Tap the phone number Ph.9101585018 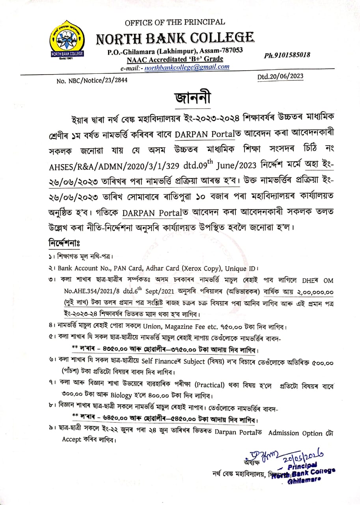pyautogui.click(x=287, y=55)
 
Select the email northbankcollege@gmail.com pyautogui.click(x=187, y=67)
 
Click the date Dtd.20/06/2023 pyautogui.click(x=280, y=76)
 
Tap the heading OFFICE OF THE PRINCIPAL pyautogui.click(x=175, y=22)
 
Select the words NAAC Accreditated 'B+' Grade pyautogui.click(x=175, y=59)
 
